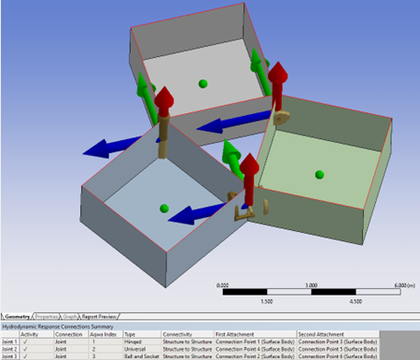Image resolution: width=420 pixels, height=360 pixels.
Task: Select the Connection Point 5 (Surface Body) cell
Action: point(336,349)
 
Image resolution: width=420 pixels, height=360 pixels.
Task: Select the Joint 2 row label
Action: point(10,349)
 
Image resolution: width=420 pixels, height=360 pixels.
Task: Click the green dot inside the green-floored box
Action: point(319,174)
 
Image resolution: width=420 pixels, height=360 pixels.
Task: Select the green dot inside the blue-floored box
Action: point(164,208)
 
